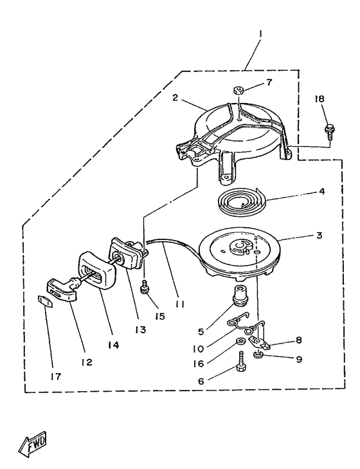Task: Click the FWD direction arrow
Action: click(33, 443)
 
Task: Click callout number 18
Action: click(319, 98)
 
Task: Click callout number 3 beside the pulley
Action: click(319, 235)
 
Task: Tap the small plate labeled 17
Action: click(45, 300)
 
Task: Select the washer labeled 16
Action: click(240, 342)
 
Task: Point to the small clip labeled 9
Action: click(258, 355)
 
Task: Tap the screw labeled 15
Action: click(145, 286)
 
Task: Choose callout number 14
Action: click(114, 345)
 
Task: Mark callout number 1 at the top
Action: click(260, 34)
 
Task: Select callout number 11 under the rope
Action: click(179, 304)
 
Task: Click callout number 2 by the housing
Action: click(175, 98)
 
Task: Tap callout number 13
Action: click(140, 330)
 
